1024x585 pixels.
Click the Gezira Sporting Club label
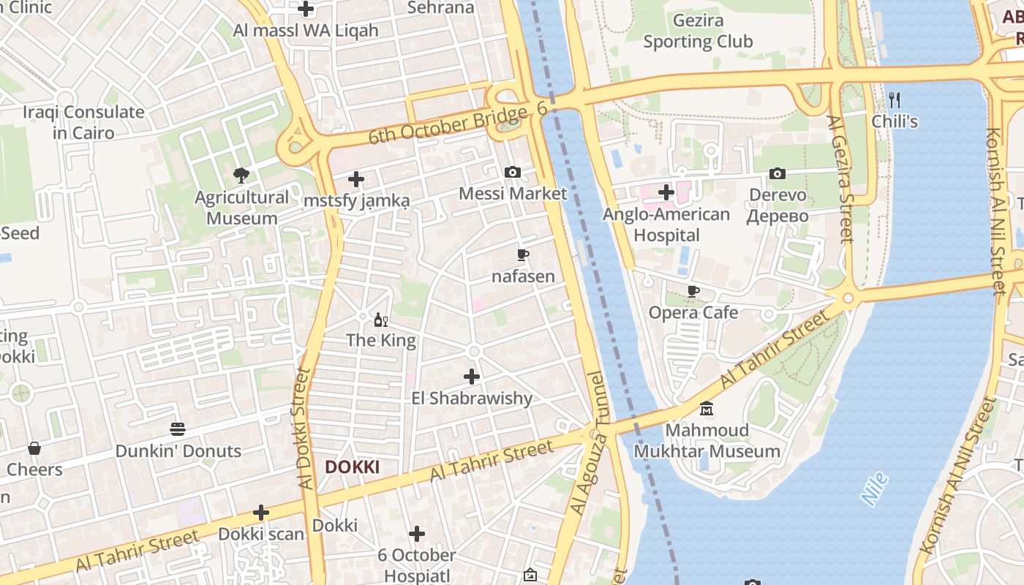(x=698, y=31)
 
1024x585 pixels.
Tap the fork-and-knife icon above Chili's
(x=894, y=100)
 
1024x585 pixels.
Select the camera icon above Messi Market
(x=513, y=173)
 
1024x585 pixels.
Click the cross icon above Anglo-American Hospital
(x=666, y=193)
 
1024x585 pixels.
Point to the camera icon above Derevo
(x=778, y=174)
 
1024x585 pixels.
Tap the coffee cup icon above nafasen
(x=523, y=255)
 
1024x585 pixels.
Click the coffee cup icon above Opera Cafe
(x=693, y=292)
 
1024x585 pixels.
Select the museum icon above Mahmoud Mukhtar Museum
(x=707, y=408)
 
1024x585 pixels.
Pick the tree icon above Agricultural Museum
(x=241, y=175)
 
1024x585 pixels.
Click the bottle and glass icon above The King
(x=381, y=320)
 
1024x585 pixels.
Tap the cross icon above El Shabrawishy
(x=472, y=377)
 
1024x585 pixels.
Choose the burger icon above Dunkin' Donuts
(x=178, y=429)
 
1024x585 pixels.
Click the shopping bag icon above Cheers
(x=34, y=448)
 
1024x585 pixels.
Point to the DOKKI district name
(x=352, y=467)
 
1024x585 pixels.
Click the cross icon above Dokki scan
(x=261, y=513)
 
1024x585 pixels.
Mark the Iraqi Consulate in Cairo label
(x=83, y=122)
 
